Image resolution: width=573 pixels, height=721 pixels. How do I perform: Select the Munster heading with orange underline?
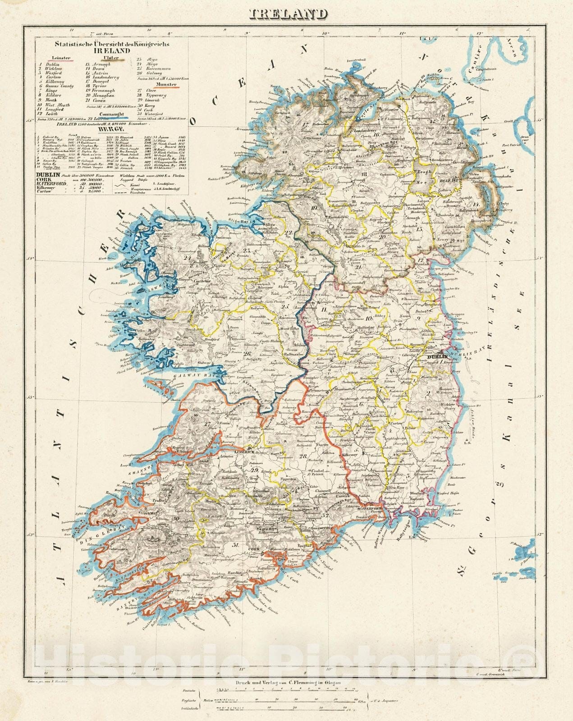[166, 84]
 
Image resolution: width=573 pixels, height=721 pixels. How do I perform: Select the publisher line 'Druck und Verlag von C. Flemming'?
[288, 682]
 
